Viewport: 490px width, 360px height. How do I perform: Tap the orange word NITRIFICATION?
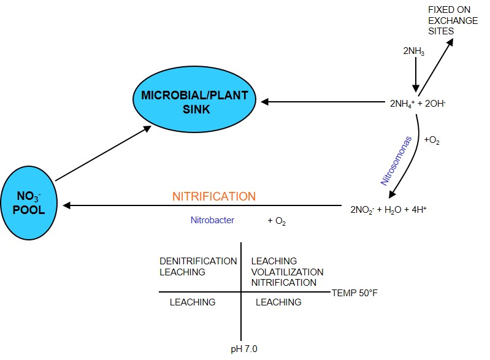coord(213,197)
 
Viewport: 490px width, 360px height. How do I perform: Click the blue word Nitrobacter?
coord(212,220)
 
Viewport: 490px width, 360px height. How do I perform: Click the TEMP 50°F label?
coord(354,293)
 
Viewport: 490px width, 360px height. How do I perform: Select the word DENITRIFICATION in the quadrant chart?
coord(198,261)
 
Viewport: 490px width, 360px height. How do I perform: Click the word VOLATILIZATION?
coord(287,272)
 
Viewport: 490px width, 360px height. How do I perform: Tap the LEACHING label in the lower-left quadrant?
coord(193,302)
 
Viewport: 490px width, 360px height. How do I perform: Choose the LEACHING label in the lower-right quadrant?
coord(278,302)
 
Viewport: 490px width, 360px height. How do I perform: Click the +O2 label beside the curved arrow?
coord(432,140)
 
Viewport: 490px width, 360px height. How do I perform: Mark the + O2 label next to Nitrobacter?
coord(278,220)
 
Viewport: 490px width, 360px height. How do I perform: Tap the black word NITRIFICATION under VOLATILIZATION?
coord(284,282)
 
